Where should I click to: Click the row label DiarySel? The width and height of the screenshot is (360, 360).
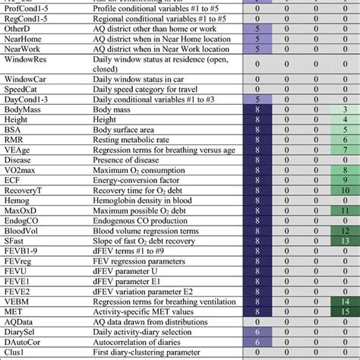tap(22, 331)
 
